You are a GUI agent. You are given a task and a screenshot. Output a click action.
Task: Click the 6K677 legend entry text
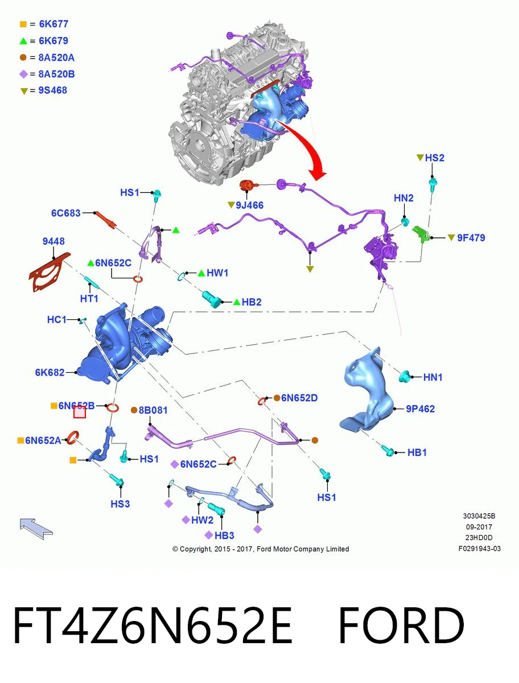[53, 24]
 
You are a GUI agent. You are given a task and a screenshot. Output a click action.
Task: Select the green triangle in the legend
[23, 41]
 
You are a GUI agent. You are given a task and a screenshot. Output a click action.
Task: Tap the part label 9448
[53, 241]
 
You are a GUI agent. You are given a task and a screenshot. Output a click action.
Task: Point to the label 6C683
[65, 213]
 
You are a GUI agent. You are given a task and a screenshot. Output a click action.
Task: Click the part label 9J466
[249, 205]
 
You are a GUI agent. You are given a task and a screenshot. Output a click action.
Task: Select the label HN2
[403, 198]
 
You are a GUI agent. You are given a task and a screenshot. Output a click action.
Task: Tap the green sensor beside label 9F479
[421, 234]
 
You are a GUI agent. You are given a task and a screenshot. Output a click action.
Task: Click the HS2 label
[434, 158]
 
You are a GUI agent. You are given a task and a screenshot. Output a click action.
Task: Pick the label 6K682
[50, 372]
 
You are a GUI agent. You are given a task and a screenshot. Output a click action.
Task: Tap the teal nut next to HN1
[404, 377]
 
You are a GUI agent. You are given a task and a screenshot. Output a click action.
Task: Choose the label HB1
[417, 452]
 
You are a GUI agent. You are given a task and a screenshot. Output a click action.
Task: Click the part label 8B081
[153, 410]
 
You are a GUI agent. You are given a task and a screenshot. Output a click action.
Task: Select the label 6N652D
[299, 398]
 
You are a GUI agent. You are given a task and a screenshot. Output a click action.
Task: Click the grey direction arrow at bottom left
[36, 529]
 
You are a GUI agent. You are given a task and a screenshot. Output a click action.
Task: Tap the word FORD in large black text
[401, 626]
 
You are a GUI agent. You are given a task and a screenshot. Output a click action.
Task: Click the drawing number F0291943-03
[480, 549]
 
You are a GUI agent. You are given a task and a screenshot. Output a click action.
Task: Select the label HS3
[120, 504]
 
